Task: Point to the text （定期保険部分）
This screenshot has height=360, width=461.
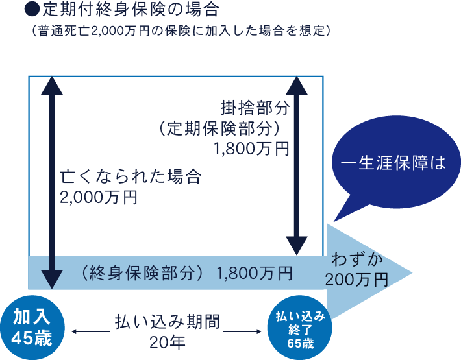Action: pos(218,127)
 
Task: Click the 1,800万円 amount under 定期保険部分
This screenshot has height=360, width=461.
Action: pos(250,149)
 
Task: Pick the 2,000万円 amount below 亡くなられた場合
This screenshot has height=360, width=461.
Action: pos(98,198)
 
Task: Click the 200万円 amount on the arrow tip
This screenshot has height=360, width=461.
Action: pos(357,280)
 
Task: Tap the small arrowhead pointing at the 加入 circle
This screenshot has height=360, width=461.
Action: pos(74,332)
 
